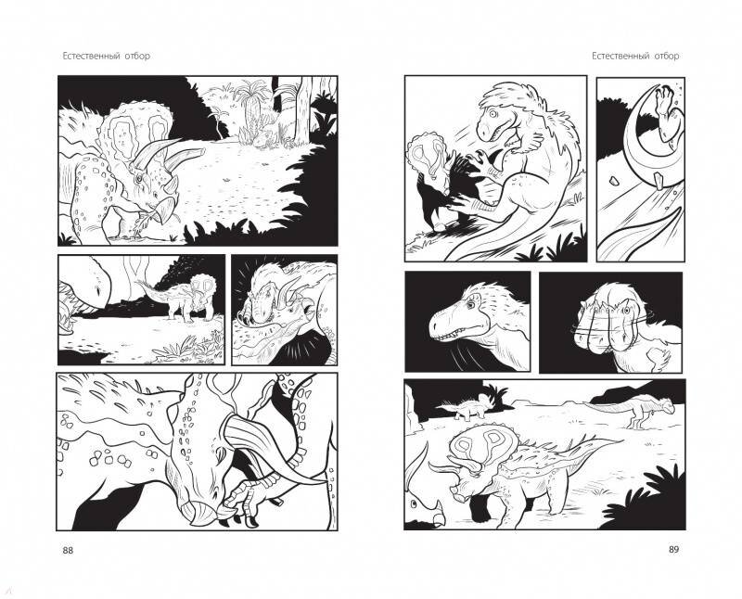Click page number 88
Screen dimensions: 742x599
pos(68,550)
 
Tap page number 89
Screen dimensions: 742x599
pos(673,549)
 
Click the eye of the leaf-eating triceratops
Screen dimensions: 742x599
pos(139,179)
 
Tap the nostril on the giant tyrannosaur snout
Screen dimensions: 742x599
pos(98,288)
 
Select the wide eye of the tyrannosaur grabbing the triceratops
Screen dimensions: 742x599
pos(493,114)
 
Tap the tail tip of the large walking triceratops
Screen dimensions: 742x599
pos(620,441)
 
